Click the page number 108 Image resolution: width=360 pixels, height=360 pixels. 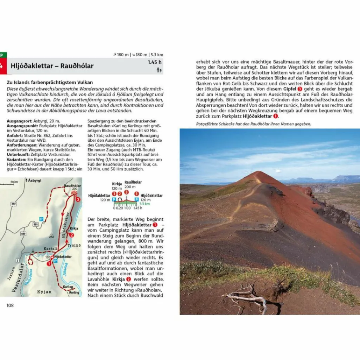(10, 305)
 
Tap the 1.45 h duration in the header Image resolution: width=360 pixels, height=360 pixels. (155, 63)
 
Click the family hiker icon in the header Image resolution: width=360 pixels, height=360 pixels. (159, 70)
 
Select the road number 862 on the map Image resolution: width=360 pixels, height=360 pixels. (14, 204)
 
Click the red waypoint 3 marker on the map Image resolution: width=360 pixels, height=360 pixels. (78, 199)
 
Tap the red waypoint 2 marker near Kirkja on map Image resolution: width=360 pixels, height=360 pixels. (71, 235)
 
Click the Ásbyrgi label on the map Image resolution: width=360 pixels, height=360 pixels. (33, 180)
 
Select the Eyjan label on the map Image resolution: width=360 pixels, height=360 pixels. (44, 291)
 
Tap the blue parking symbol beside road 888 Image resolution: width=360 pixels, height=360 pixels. (41, 219)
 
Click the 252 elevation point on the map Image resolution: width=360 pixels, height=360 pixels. (51, 236)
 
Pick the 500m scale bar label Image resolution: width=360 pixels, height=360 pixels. (14, 182)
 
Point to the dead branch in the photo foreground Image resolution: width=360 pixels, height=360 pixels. (246, 299)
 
